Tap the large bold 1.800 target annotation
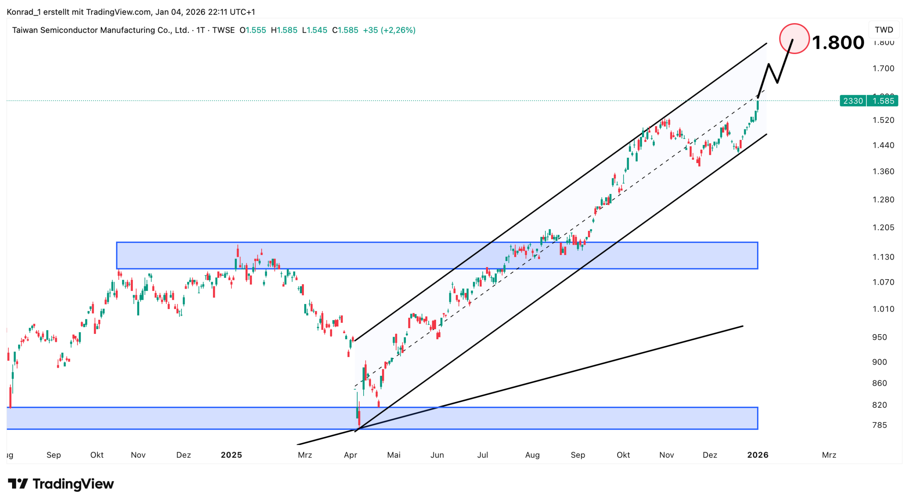click(838, 43)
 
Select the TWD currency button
click(883, 29)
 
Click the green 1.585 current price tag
click(883, 101)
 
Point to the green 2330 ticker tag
click(853, 101)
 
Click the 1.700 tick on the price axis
click(883, 68)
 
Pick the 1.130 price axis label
click(883, 257)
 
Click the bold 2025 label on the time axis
click(231, 455)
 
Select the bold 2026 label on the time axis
click(757, 455)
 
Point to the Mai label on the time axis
click(393, 455)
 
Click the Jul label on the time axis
click(483, 455)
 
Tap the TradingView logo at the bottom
click(61, 484)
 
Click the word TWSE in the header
click(223, 30)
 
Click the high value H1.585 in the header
click(284, 30)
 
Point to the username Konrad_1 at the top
click(24, 12)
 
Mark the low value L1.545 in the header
click(314, 30)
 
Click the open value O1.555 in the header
click(252, 30)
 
